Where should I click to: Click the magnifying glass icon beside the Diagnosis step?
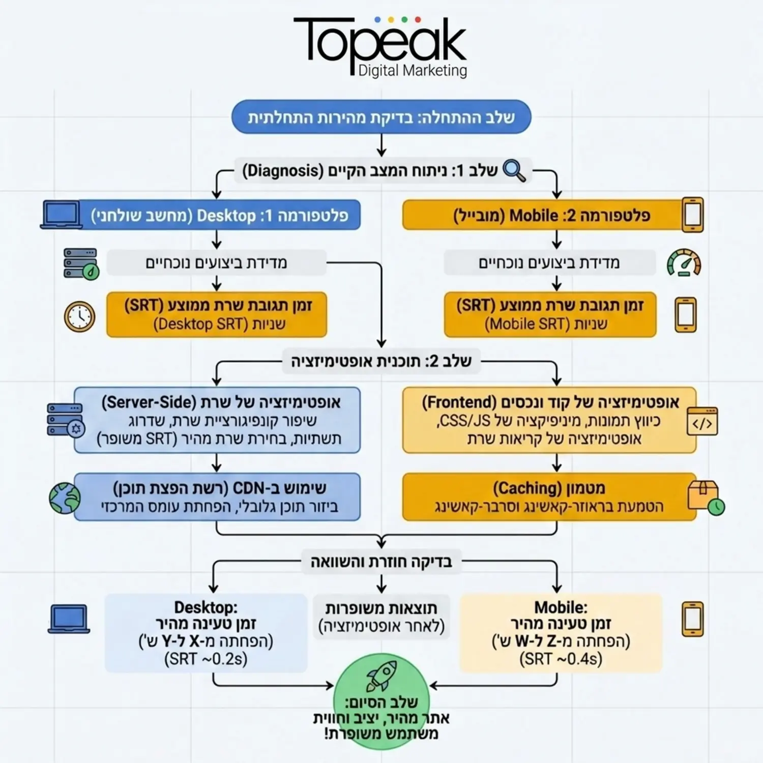(x=514, y=170)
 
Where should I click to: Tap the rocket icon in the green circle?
(x=382, y=676)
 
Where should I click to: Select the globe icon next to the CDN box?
(x=65, y=498)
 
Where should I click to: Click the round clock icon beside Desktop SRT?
(x=79, y=316)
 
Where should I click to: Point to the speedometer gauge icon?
(x=684, y=262)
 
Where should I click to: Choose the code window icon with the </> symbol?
(x=702, y=421)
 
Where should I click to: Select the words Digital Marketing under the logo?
(x=413, y=70)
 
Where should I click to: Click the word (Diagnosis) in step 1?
(x=283, y=170)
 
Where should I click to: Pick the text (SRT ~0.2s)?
(x=206, y=659)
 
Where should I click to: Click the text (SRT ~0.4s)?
(x=561, y=659)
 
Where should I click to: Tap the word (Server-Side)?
(x=149, y=402)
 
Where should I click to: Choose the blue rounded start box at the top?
(x=382, y=117)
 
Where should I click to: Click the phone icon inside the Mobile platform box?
(x=693, y=215)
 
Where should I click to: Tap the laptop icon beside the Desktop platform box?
(x=62, y=215)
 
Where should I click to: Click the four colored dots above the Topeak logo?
(x=397, y=20)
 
